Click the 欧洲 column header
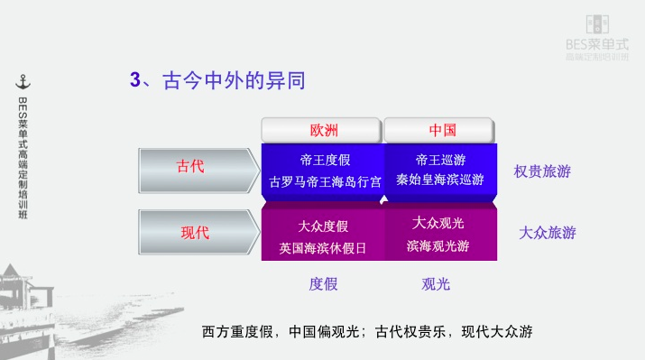[323, 129]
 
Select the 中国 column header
[442, 129]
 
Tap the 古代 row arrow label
[190, 167]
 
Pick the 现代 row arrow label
[195, 232]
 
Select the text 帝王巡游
[441, 160]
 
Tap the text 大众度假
[323, 226]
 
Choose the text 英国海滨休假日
[323, 246]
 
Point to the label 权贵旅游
[542, 171]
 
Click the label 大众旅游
[547, 233]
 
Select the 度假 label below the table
[323, 284]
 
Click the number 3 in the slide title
[135, 81]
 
